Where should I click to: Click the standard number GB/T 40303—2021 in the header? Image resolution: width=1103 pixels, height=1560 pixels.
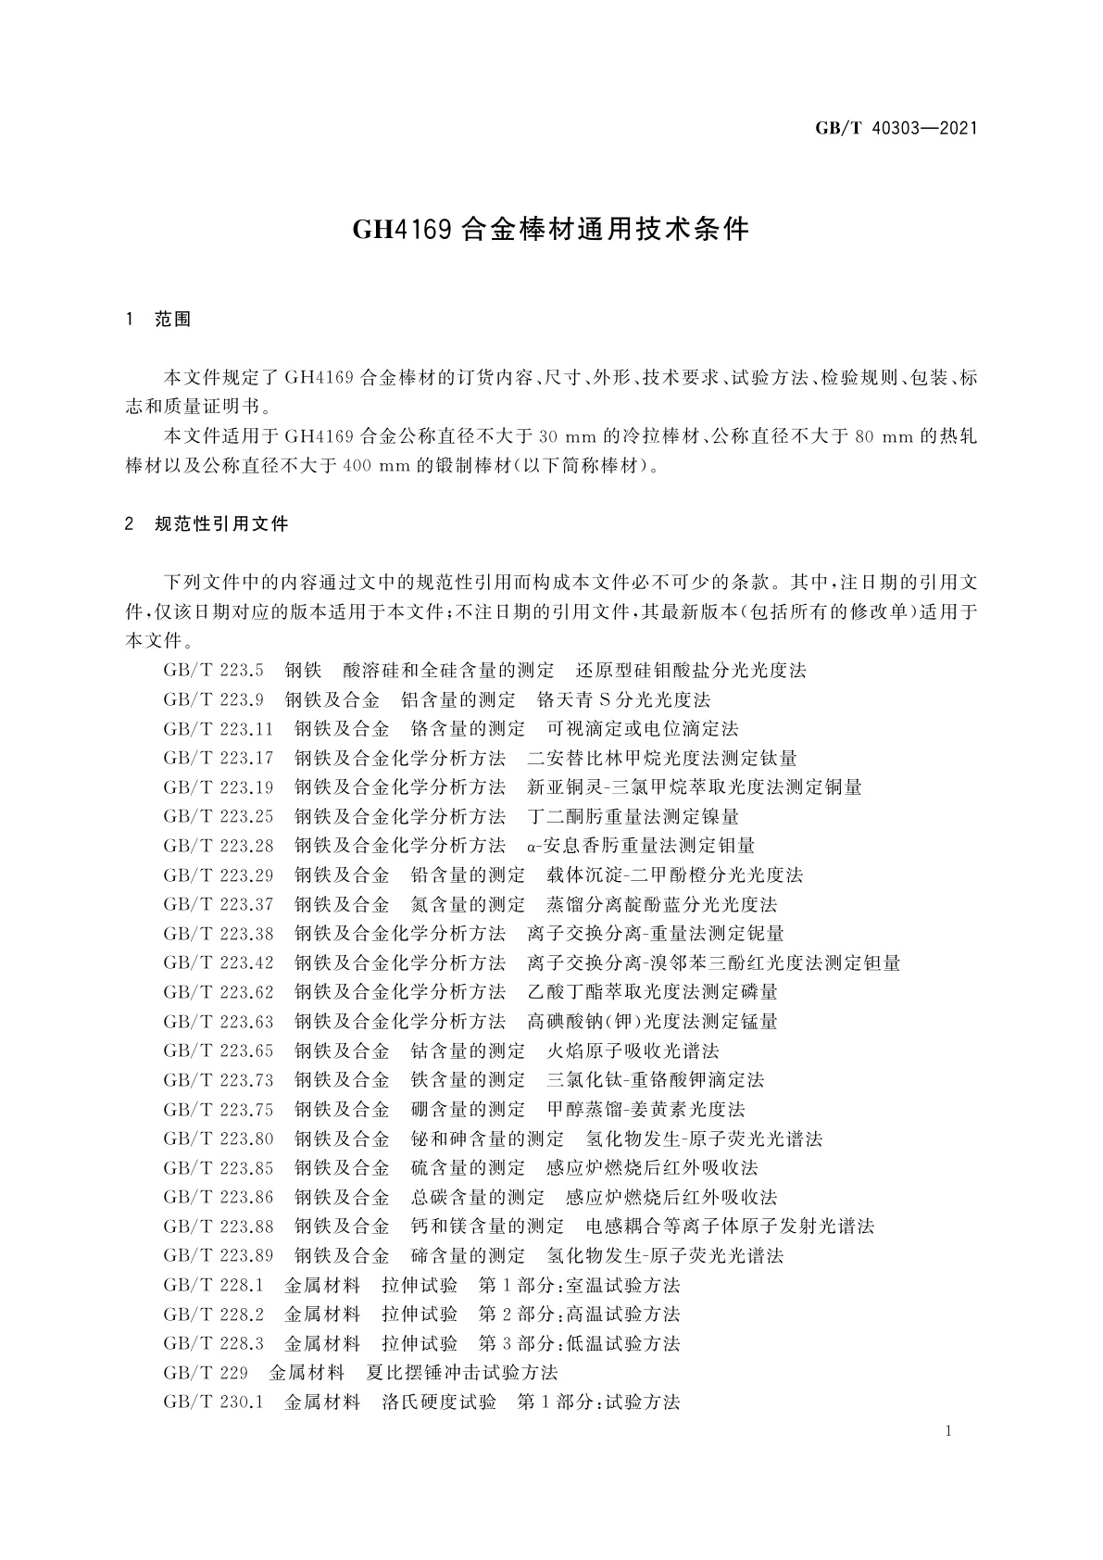(x=896, y=129)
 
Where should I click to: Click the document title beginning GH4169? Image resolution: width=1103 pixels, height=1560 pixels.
(x=551, y=230)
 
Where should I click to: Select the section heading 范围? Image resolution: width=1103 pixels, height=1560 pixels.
(x=173, y=320)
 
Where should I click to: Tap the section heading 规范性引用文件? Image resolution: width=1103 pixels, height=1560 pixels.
(x=222, y=524)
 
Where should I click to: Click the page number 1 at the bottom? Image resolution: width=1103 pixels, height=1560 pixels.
(x=948, y=1431)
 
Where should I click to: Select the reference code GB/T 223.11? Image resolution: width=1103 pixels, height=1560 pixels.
(x=219, y=729)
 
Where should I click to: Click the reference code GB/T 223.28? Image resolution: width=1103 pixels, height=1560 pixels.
(x=219, y=846)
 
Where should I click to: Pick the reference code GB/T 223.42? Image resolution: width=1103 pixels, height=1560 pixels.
(x=219, y=963)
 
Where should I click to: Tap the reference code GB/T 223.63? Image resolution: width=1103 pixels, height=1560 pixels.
(x=219, y=1022)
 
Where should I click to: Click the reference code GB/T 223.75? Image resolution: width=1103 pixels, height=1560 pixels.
(x=219, y=1110)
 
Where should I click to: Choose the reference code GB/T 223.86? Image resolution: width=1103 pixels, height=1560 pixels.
(x=219, y=1198)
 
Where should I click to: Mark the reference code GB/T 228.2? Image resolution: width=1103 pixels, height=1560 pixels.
(x=213, y=1315)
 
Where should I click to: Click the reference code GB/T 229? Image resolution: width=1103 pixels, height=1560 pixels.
(x=206, y=1373)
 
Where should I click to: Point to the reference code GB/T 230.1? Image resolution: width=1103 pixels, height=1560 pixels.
(x=213, y=1403)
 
